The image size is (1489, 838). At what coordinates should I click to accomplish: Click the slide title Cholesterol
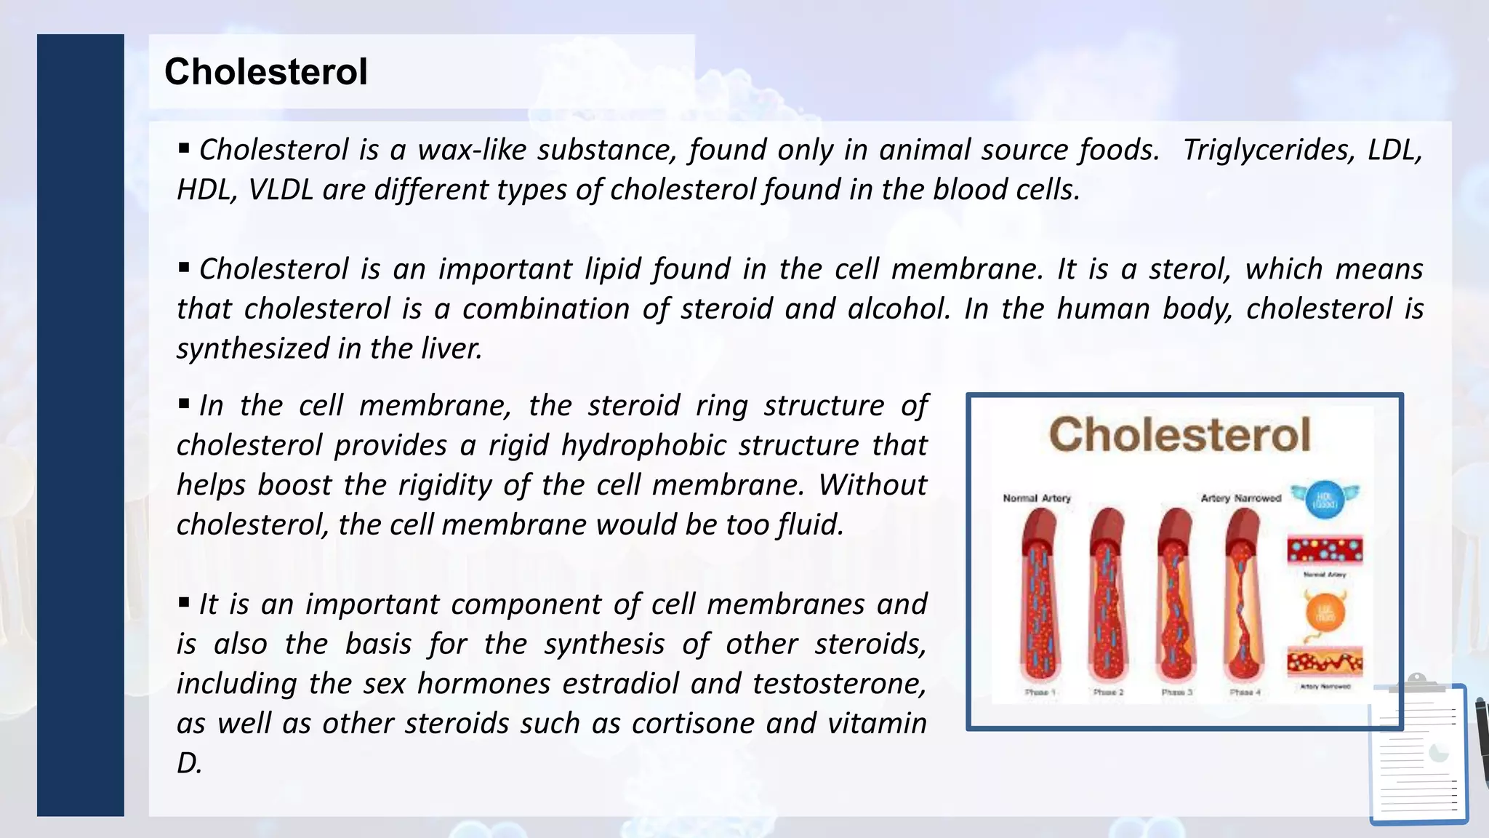pos(266,72)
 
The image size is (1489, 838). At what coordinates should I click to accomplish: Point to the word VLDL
pos(281,190)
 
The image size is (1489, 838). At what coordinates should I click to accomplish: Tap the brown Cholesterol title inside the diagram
pos(1179,435)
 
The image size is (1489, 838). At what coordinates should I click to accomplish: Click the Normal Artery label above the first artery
pos(1037,498)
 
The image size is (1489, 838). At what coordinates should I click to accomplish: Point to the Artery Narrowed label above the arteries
pos(1240,498)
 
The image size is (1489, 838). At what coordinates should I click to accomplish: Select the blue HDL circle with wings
pos(1324,500)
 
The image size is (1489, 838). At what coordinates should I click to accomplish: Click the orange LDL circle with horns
pos(1325,612)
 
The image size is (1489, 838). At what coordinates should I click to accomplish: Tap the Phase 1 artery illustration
pos(1039,596)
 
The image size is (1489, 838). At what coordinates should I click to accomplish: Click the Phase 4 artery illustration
pos(1244,596)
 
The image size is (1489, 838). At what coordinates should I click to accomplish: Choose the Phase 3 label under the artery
pos(1176,693)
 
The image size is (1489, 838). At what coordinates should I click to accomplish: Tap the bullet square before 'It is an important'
pos(184,602)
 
